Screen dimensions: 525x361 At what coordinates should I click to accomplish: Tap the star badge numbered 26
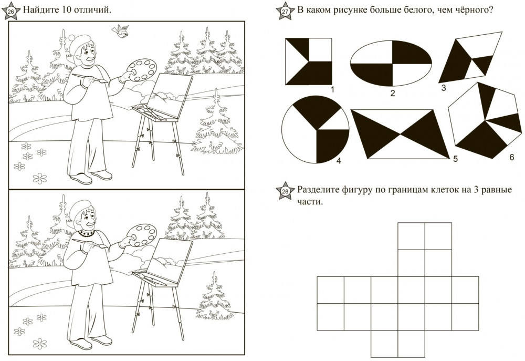pyautogui.click(x=11, y=12)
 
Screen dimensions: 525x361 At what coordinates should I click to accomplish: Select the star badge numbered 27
pyautogui.click(x=285, y=12)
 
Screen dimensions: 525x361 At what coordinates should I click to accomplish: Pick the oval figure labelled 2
pyautogui.click(x=391, y=63)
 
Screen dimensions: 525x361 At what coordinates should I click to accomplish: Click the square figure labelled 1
pyautogui.click(x=308, y=61)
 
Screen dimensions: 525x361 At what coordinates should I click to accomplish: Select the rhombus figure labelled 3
pyautogui.click(x=471, y=57)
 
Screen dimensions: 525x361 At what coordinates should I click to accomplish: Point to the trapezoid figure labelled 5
pyautogui.click(x=401, y=134)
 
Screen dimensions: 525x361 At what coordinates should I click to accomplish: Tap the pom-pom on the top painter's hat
pyautogui.click(x=72, y=38)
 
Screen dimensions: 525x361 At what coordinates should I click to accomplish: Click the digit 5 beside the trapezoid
pyautogui.click(x=455, y=158)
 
